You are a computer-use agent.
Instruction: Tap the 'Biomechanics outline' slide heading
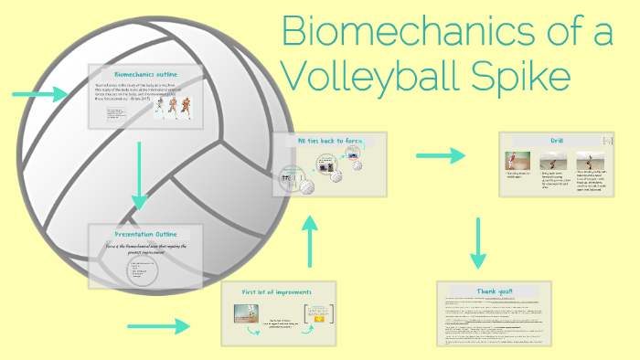click(145, 73)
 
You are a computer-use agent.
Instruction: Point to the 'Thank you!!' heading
click(495, 291)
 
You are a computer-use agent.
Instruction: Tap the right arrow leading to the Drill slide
click(440, 157)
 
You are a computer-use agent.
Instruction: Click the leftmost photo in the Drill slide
click(518, 161)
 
